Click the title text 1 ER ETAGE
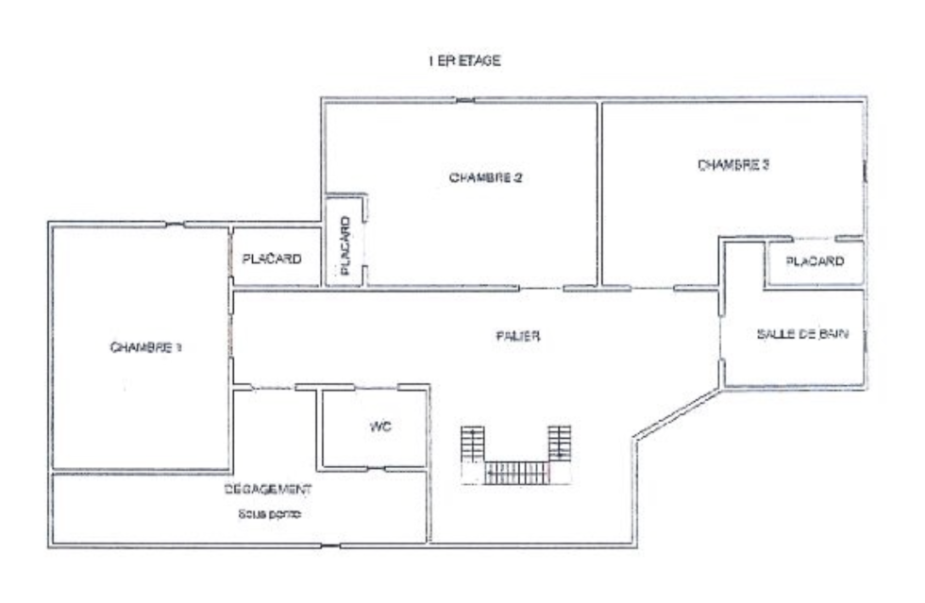pyautogui.click(x=464, y=60)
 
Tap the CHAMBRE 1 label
pyautogui.click(x=145, y=347)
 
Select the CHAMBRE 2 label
pyautogui.click(x=485, y=177)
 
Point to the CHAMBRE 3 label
pyautogui.click(x=733, y=164)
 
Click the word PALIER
pyautogui.click(x=518, y=336)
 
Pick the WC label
pyautogui.click(x=379, y=426)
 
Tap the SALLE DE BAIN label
pyautogui.click(x=802, y=334)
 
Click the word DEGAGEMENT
pyautogui.click(x=268, y=489)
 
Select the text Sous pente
pyautogui.click(x=270, y=514)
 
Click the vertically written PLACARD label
pyautogui.click(x=345, y=246)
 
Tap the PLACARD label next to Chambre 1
pyautogui.click(x=272, y=259)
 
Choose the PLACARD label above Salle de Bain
pyautogui.click(x=815, y=260)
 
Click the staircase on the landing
pyautogui.click(x=516, y=455)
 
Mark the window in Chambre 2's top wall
pyautogui.click(x=465, y=100)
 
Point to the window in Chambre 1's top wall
pyautogui.click(x=175, y=225)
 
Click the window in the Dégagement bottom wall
pyautogui.click(x=330, y=545)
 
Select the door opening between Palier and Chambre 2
pyautogui.click(x=542, y=289)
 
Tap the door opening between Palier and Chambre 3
pyautogui.click(x=652, y=289)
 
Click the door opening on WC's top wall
pyautogui.click(x=376, y=388)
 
